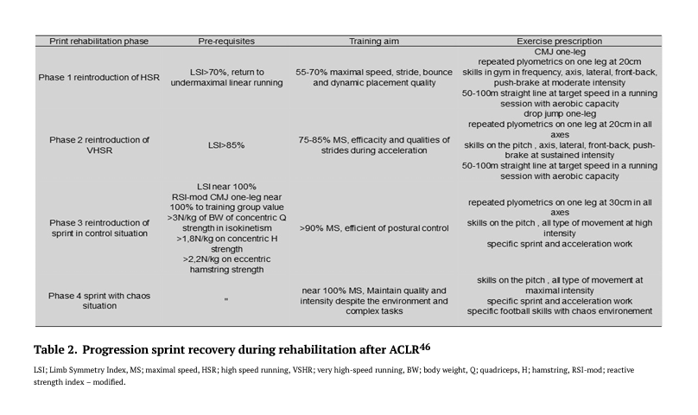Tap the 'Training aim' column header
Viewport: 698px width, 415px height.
[372, 41]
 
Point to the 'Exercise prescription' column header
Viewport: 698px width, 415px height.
[559, 41]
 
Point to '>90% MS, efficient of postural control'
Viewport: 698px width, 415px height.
[372, 230]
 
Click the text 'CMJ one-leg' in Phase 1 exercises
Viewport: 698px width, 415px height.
[559, 52]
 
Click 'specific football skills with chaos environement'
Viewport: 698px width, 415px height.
[559, 311]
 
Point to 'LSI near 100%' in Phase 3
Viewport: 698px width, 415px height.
[225, 186]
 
